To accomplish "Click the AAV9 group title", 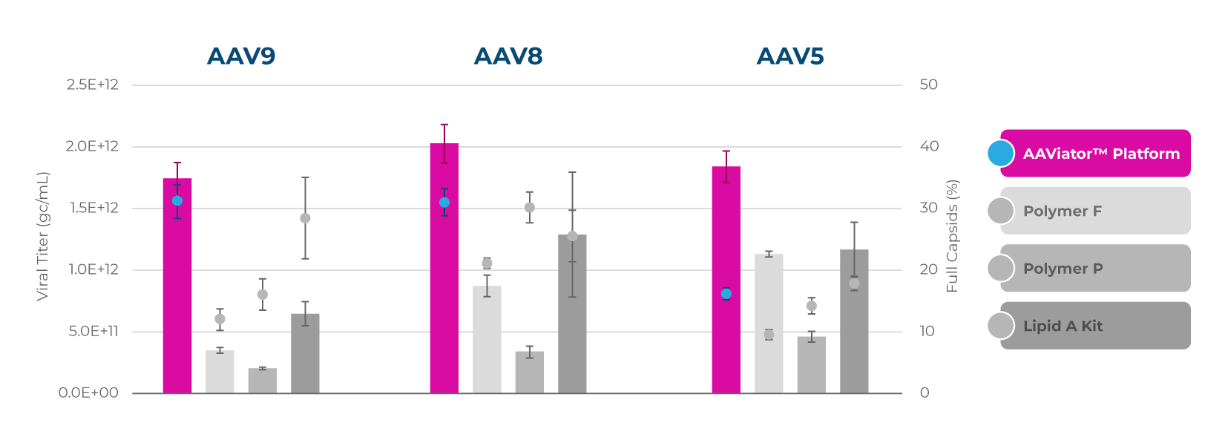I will (241, 56).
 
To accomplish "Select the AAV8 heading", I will (508, 56).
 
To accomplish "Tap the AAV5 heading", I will (790, 56).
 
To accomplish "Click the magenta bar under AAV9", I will (177, 297).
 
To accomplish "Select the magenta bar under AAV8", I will (444, 282).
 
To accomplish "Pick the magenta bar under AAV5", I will (726, 334).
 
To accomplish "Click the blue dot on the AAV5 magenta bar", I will (726, 294).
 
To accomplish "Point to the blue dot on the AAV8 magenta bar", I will (444, 203).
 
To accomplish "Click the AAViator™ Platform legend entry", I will (1095, 154).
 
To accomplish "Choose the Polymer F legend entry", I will (1095, 211).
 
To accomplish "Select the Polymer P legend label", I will (1063, 269).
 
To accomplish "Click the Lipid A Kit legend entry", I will (1095, 326).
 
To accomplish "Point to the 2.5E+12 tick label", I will (93, 85).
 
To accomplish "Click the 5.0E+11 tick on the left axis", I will (93, 331).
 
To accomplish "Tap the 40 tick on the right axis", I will (929, 146).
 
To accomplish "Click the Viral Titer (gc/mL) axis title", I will (42, 236).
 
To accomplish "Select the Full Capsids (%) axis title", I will (953, 236).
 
